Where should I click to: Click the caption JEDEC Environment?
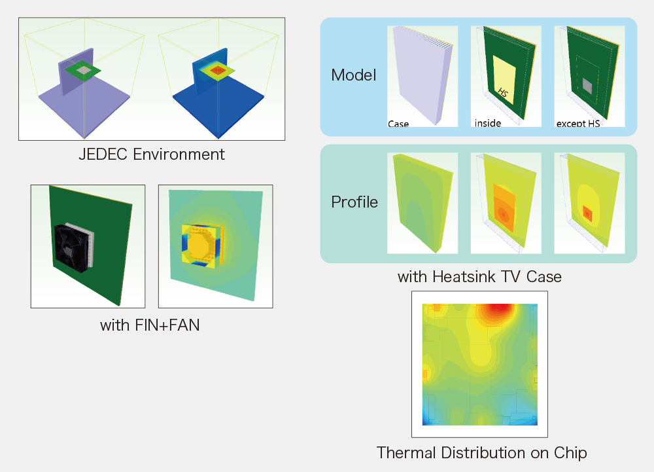click(x=152, y=154)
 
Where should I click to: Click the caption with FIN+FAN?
click(x=150, y=325)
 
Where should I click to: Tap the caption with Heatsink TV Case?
click(x=479, y=277)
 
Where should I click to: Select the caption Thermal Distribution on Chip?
click(x=482, y=453)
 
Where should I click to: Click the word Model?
click(x=354, y=75)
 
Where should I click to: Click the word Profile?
click(x=354, y=202)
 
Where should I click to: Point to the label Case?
click(x=398, y=124)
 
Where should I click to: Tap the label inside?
click(x=488, y=123)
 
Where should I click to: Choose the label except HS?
click(x=578, y=123)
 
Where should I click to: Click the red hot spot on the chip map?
click(x=499, y=308)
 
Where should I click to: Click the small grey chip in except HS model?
click(x=587, y=86)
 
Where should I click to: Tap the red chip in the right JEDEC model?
click(x=217, y=70)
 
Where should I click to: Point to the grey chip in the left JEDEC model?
click(x=84, y=70)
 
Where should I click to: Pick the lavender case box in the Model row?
click(x=422, y=75)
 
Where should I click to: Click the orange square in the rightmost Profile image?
click(x=587, y=213)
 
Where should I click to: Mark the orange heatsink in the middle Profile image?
click(x=504, y=208)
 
